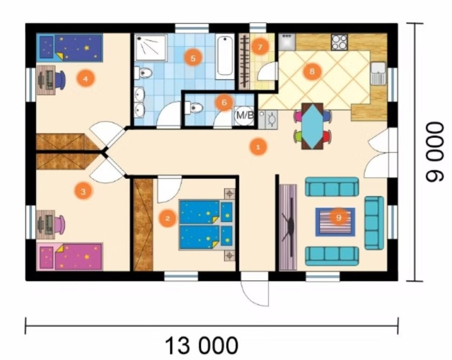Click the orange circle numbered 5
[x=193, y=58]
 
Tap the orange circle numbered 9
[x=339, y=217]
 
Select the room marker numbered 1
[x=258, y=148]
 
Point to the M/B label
[x=245, y=115]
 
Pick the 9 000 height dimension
[x=435, y=152]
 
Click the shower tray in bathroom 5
[x=151, y=48]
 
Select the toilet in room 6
[x=194, y=108]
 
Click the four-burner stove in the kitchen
[x=339, y=42]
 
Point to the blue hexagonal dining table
[x=312, y=126]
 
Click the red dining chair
[x=327, y=136]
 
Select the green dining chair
[x=298, y=136]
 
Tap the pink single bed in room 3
[x=70, y=257]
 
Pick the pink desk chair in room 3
[x=60, y=224]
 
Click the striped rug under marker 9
[x=335, y=222]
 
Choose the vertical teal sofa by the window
[x=374, y=223]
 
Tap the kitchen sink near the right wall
[x=378, y=73]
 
